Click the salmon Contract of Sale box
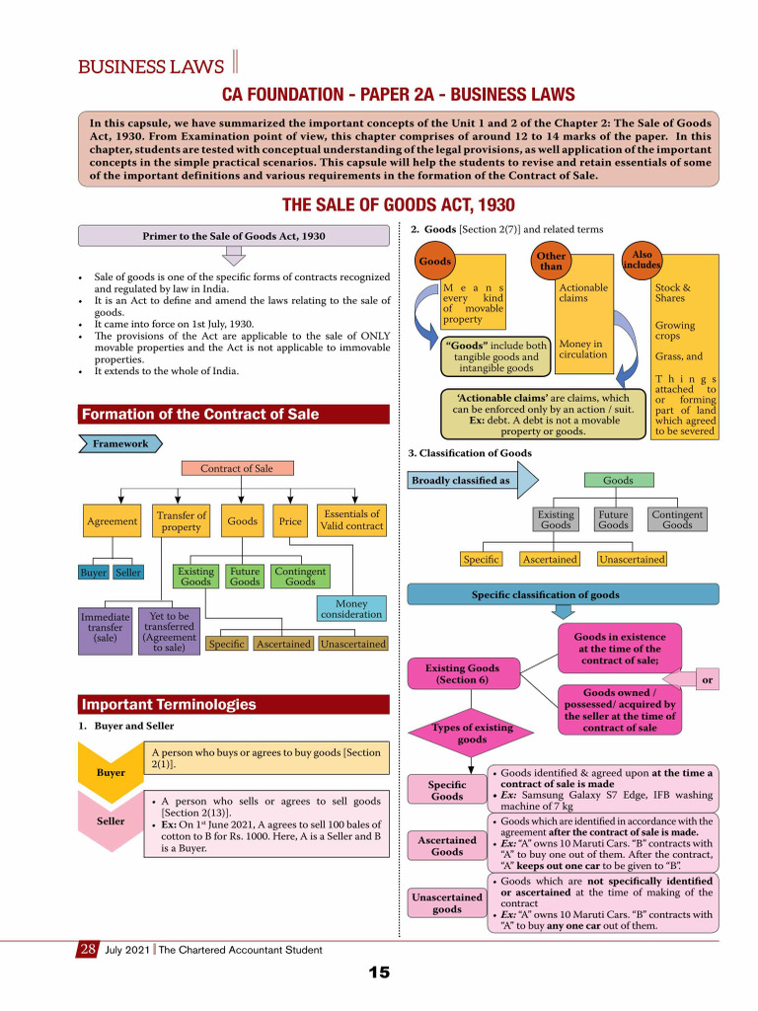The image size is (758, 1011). [237, 469]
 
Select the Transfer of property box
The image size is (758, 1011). [182, 521]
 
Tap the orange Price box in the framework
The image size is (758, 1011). [290, 521]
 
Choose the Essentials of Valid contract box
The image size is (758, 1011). [351, 520]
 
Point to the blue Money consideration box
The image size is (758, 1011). [351, 609]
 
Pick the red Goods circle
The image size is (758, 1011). [435, 263]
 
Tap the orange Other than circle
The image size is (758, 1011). [551, 262]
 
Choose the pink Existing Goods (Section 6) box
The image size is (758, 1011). [463, 673]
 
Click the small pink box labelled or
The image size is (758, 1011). [706, 680]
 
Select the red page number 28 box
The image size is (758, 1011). [86, 950]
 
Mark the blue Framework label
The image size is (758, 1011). [119, 444]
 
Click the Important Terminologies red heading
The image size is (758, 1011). [234, 705]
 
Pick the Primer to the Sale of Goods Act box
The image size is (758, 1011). [234, 237]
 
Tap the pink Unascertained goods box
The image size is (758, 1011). [446, 903]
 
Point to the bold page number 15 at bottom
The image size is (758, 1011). [379, 973]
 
